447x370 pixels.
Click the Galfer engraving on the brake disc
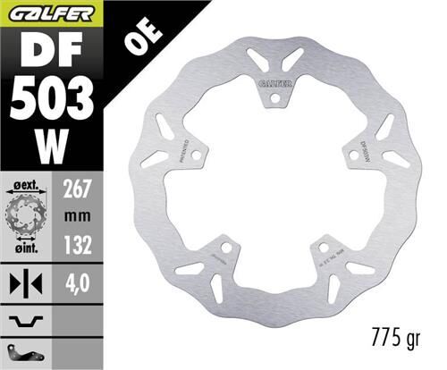pos(273,83)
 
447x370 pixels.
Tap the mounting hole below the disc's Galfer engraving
pos(273,96)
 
